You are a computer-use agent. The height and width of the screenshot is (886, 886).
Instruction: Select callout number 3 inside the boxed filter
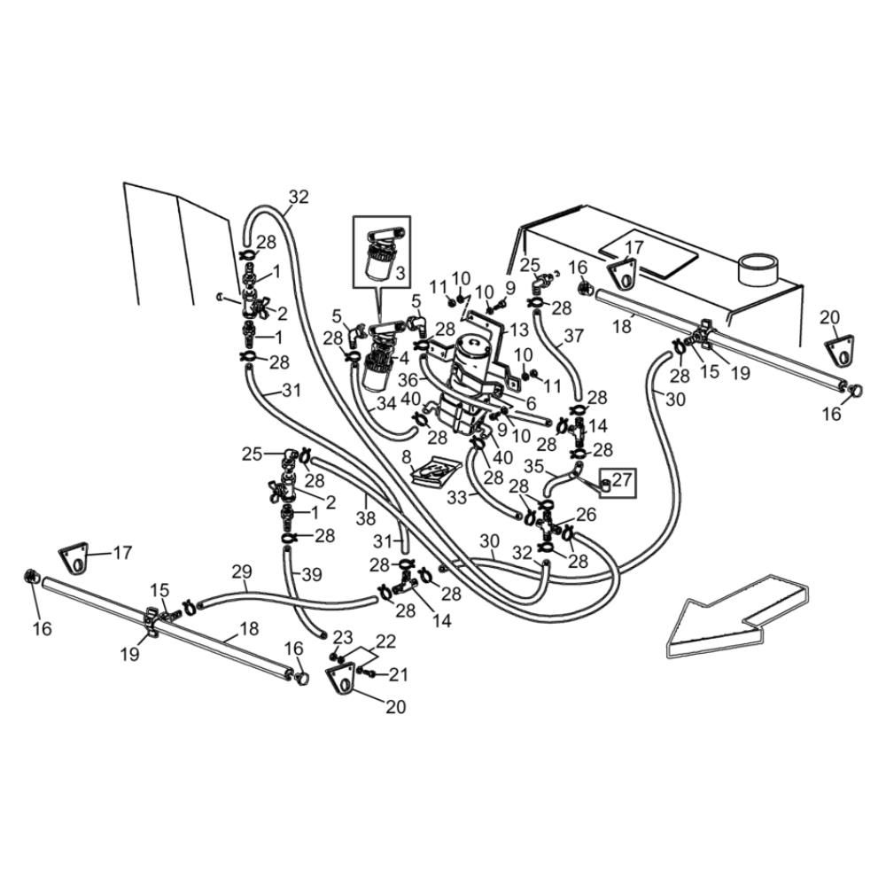400,274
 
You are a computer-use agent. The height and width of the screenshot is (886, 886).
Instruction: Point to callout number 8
407,457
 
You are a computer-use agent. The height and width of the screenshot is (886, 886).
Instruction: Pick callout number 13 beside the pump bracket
519,330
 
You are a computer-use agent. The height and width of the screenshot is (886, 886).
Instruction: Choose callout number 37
573,336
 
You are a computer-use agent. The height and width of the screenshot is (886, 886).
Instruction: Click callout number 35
534,464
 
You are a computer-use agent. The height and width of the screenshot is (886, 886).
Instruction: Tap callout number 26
586,514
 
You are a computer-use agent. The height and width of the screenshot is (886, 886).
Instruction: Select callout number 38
365,520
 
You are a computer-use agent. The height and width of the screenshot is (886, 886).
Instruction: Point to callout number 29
242,571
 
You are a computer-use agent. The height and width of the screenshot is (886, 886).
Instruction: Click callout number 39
311,574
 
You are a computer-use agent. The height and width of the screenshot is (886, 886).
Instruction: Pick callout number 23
343,636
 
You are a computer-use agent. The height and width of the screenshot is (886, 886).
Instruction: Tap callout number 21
399,675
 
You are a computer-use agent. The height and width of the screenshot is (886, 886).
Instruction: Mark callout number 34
385,404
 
